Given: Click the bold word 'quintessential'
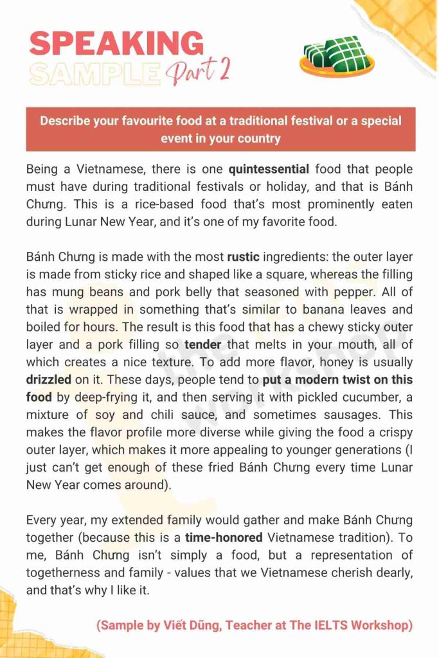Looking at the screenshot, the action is [x=269, y=170].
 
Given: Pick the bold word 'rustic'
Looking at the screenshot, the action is [x=243, y=257].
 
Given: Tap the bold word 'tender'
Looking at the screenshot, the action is [x=202, y=344].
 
